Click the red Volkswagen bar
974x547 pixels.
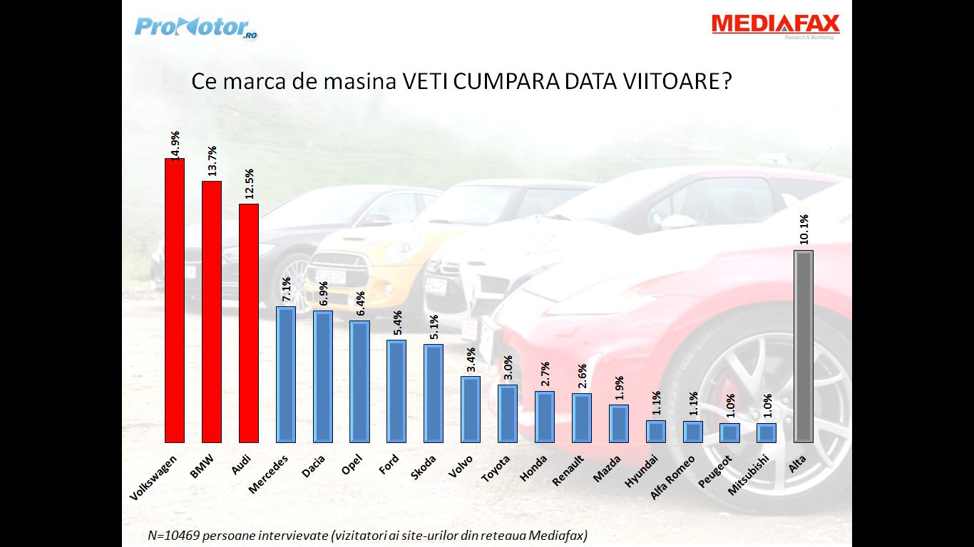(175, 300)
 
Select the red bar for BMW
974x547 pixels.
(212, 311)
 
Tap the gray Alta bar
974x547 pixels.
(804, 346)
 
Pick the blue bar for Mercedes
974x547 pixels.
(286, 374)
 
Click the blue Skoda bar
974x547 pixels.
(434, 393)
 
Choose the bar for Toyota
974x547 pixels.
(508, 413)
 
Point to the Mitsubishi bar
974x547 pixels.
(767, 432)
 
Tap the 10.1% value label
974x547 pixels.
(804, 229)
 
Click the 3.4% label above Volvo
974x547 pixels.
(471, 360)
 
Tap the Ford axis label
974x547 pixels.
(389, 465)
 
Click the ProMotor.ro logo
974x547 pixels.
(196, 28)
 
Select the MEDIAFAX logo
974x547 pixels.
(776, 25)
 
